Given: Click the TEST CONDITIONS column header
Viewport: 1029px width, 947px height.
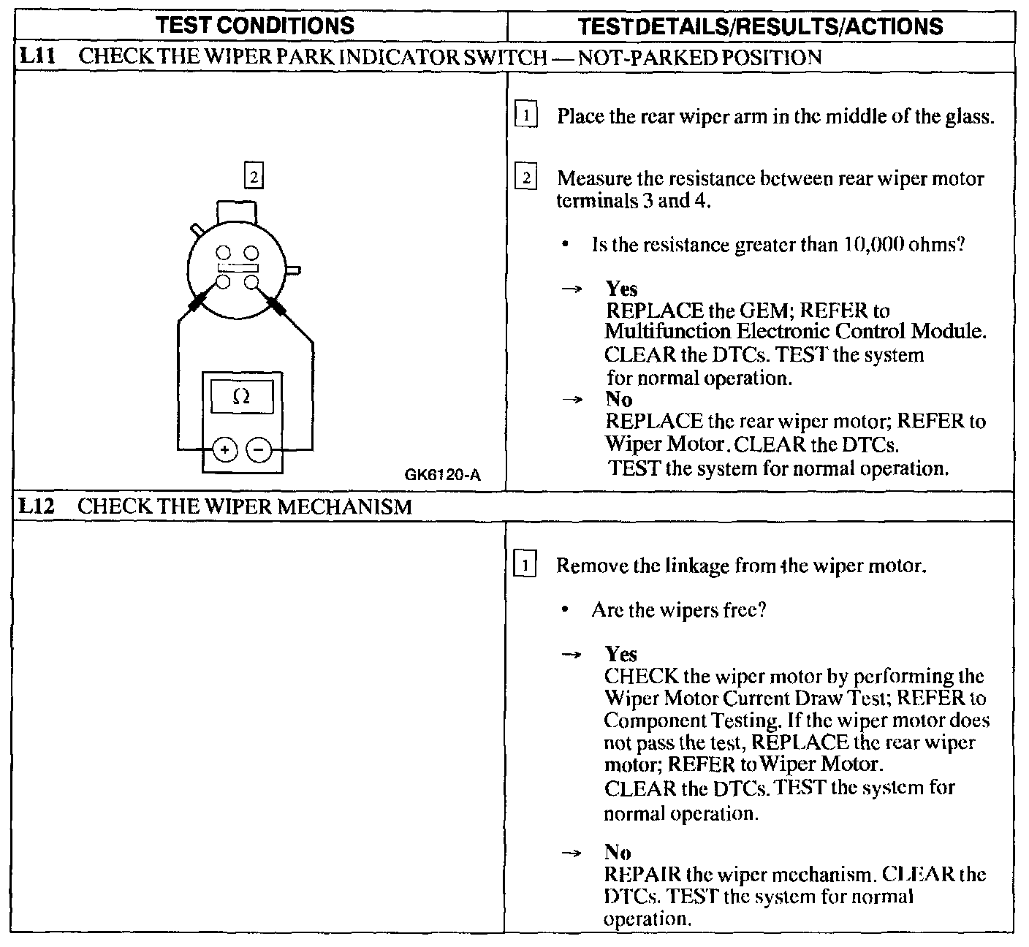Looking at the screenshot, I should point(256,26).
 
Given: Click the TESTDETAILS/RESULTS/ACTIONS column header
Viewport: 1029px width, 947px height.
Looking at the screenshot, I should point(760,27).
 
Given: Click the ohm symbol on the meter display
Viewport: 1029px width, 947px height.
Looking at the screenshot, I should point(240,397).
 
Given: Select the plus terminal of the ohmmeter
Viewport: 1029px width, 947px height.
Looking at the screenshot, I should point(225,449).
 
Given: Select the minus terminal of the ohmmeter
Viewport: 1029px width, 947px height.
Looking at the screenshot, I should point(258,449).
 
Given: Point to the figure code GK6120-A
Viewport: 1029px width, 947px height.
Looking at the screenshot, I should point(442,475).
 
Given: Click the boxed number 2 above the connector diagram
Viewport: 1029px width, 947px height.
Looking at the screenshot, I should point(253,176).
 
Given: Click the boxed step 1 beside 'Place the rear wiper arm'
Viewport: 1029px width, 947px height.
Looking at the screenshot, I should point(526,115).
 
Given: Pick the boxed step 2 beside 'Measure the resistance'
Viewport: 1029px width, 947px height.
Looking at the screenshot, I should point(526,178).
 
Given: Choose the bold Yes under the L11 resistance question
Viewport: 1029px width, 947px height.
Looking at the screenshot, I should point(621,289).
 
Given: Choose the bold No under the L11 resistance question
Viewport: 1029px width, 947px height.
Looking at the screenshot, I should point(619,399).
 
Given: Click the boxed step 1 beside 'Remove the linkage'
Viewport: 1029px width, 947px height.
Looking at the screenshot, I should point(526,566).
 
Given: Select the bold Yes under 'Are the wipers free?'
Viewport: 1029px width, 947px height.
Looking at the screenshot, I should point(621,654).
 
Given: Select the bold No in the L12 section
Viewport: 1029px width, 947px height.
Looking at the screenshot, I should point(618,852).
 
